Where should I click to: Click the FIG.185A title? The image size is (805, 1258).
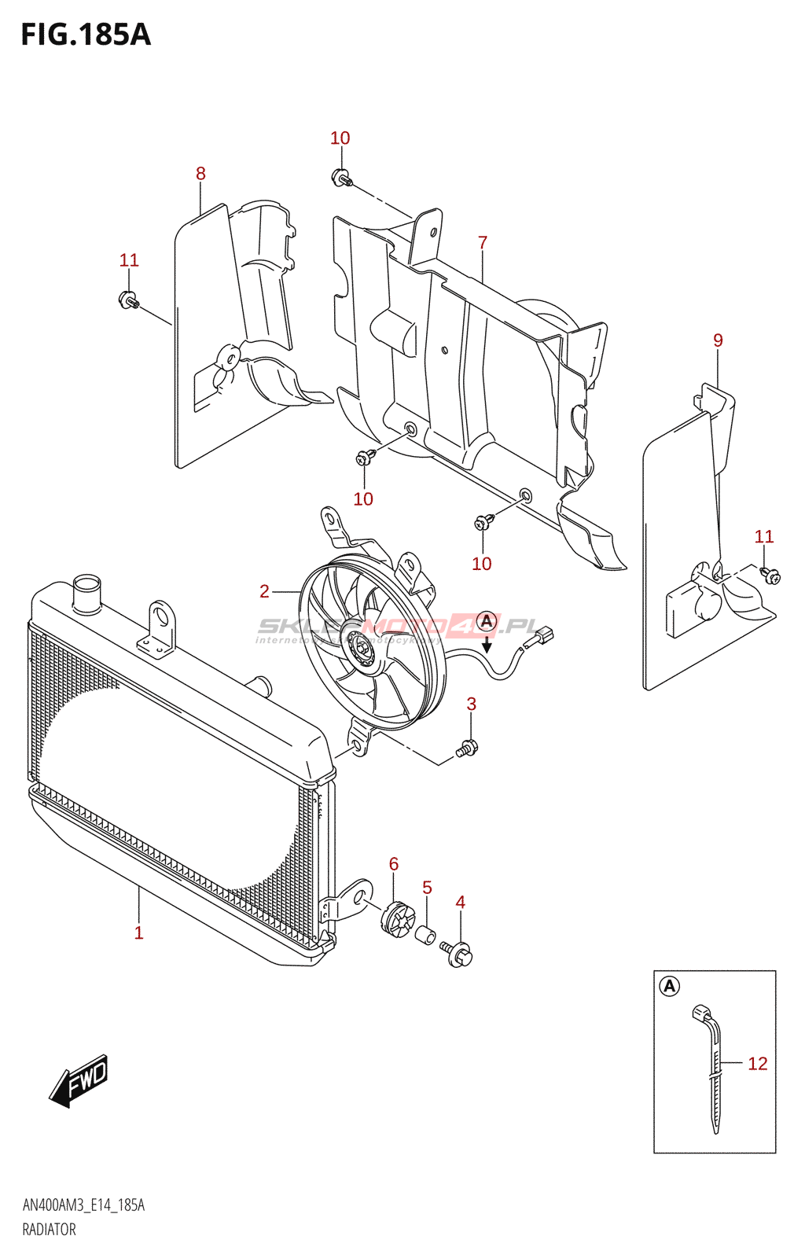point(85,35)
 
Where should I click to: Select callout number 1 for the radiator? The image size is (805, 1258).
point(138,933)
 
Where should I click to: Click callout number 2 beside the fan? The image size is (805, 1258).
point(265,591)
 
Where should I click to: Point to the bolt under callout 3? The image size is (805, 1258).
point(466,749)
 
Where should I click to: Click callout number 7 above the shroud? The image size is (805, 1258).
point(483,243)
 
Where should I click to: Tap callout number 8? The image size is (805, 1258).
point(200,174)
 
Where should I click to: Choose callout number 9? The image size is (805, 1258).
point(718,340)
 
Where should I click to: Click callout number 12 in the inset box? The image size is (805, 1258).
point(757,1064)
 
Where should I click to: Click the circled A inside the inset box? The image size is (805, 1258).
point(669,986)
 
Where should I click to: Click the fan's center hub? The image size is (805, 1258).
point(362,647)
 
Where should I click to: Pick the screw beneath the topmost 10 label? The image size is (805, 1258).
point(341,178)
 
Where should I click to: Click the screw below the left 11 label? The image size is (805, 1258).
point(128,300)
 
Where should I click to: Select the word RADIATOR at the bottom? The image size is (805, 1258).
point(49,1230)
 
